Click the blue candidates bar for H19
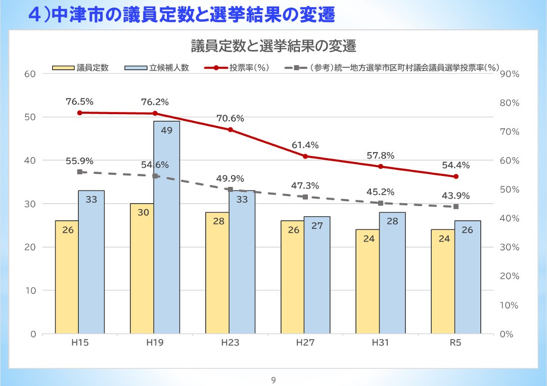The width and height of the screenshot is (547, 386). tap(167, 227)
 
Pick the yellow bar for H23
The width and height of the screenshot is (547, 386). tap(217, 273)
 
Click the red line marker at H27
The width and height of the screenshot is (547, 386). tap(305, 156)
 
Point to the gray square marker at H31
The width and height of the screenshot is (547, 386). tap(381, 203)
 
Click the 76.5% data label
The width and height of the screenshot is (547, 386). tap(79, 102)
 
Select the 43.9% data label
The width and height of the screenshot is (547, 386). tap(456, 196)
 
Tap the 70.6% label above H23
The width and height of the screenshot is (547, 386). tap(230, 119)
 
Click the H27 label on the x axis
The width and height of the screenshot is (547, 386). tap(305, 343)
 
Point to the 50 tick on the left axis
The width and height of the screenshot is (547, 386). tap(30, 117)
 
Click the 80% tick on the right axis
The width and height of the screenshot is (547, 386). tap(509, 103)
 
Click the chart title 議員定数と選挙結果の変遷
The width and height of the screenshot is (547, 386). tap(273, 46)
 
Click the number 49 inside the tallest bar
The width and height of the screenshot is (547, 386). tap(167, 130)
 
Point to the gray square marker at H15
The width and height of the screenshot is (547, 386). tap(79, 172)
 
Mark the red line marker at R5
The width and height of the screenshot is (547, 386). tap(456, 176)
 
